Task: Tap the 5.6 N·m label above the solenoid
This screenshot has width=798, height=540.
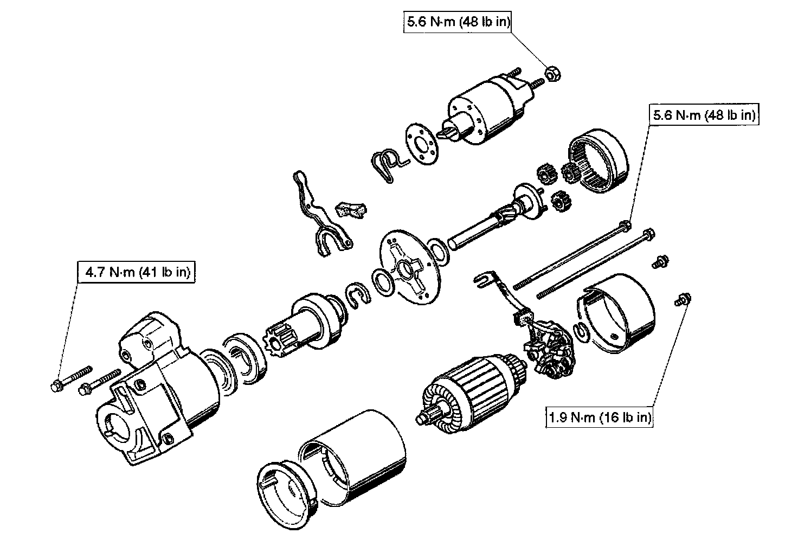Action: (458, 22)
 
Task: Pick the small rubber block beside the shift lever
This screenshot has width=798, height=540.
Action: (351, 209)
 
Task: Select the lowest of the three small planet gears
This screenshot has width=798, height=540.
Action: (558, 202)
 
